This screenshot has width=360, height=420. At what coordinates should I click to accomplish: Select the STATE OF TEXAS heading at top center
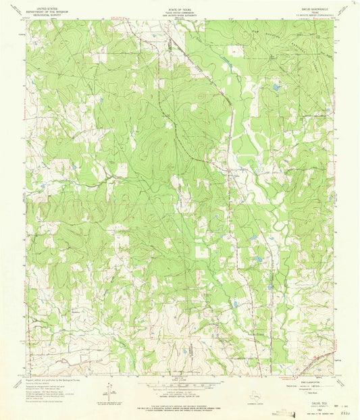coord(179,5)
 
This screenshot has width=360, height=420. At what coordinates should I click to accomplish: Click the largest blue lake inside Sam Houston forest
coord(275,87)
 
